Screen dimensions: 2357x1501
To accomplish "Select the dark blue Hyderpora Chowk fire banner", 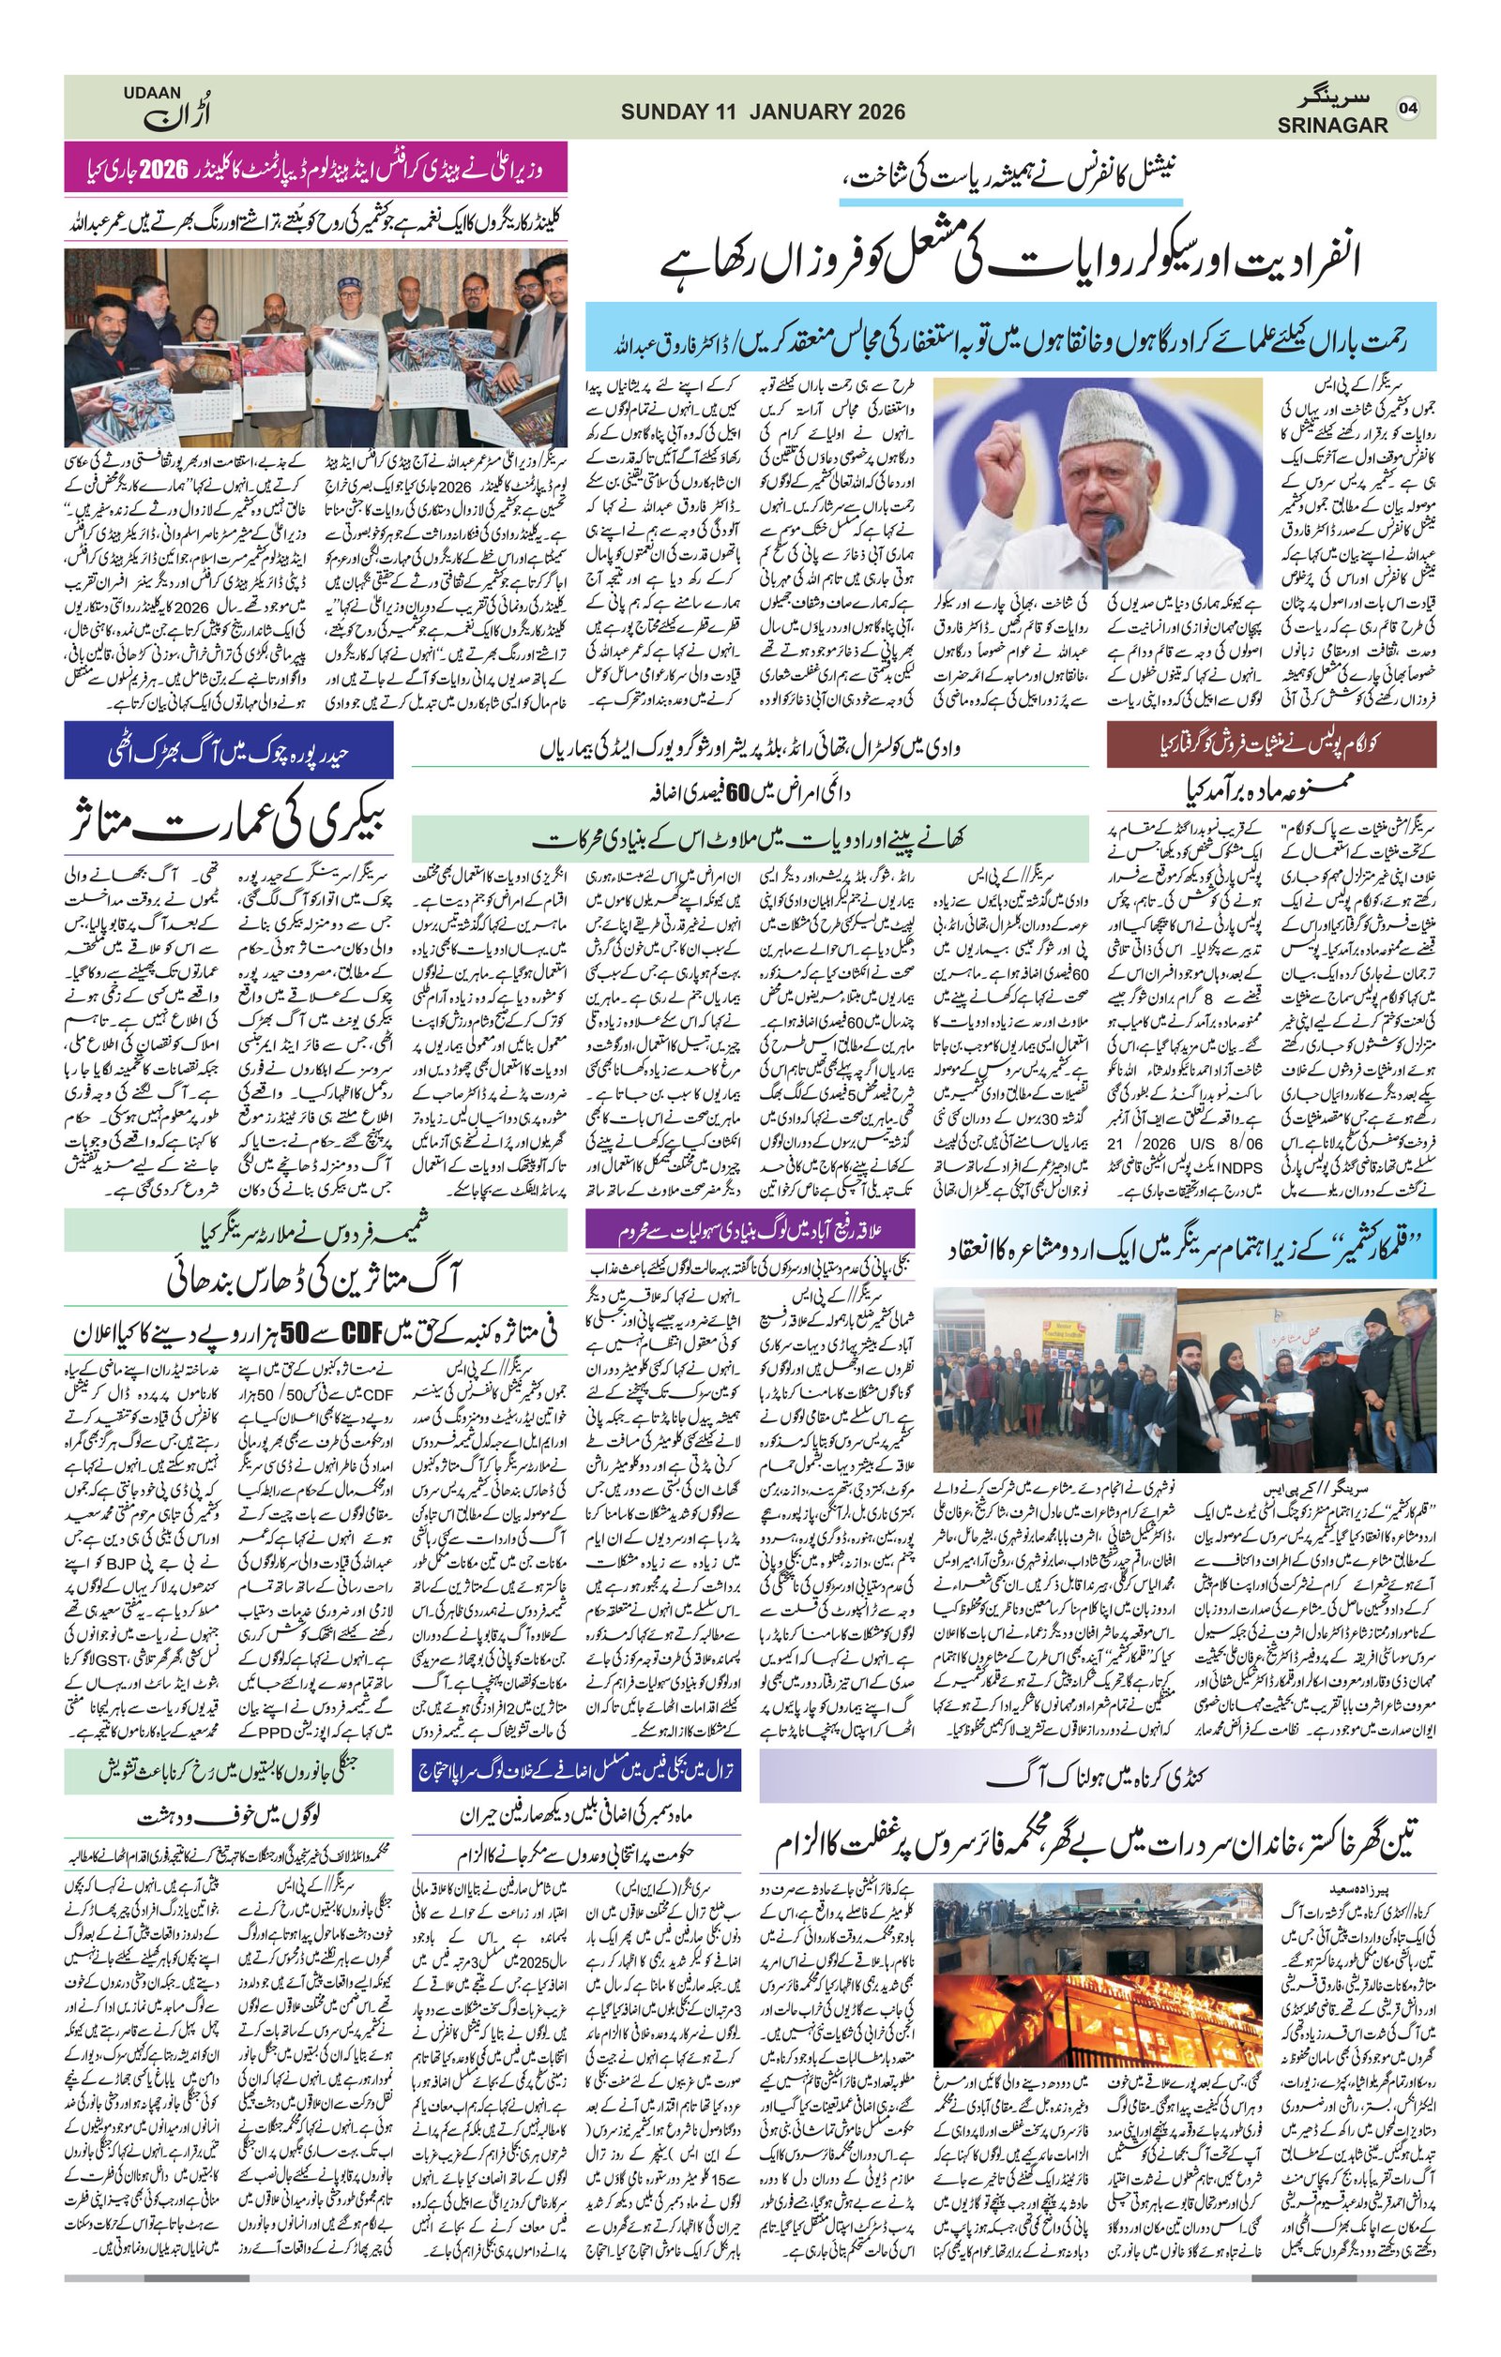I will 228,753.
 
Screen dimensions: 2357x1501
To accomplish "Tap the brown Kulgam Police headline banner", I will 1271,744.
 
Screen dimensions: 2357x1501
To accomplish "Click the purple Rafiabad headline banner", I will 749,1227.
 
